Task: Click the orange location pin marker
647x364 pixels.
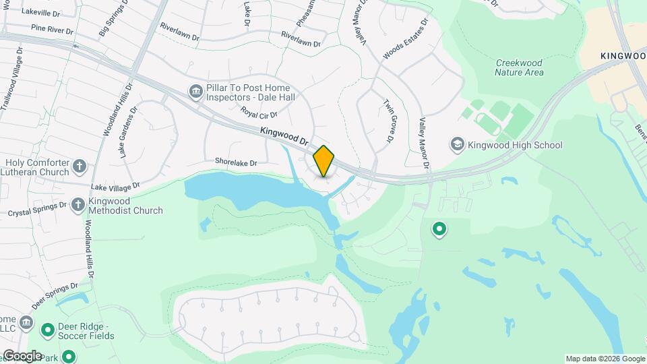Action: tap(324, 160)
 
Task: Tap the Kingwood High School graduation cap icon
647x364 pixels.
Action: tap(458, 145)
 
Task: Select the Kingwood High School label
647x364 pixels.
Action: tap(515, 145)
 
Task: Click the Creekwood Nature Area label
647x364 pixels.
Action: tap(519, 67)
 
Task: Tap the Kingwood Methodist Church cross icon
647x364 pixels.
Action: tap(78, 205)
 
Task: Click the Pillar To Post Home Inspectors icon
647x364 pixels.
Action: tap(196, 92)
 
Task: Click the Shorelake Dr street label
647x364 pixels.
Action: tap(237, 162)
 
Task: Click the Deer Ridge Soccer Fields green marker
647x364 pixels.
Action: tap(48, 330)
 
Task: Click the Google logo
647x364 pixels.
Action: tap(22, 355)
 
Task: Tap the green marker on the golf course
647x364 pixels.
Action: tap(439, 230)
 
